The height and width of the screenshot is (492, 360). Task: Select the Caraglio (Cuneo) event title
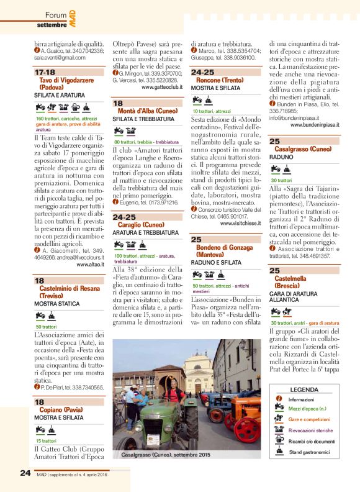click(146, 224)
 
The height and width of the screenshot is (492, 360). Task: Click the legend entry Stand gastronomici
click(310, 452)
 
